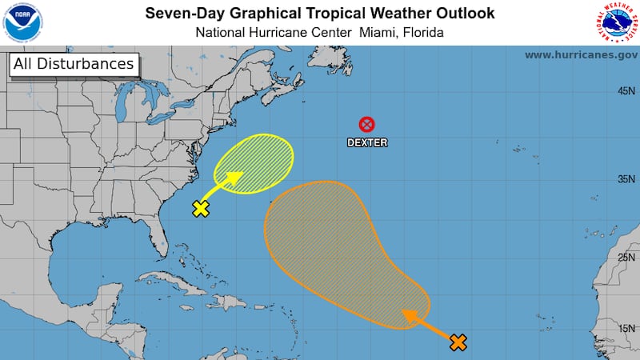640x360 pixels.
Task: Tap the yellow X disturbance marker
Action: click(201, 209)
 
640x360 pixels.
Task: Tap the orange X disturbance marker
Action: click(458, 342)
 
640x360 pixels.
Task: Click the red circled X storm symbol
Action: click(366, 124)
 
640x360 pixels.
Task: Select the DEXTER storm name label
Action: click(366, 142)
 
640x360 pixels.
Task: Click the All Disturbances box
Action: click(73, 64)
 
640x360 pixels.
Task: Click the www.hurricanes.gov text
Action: click(581, 55)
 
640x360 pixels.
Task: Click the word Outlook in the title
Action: click(464, 14)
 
